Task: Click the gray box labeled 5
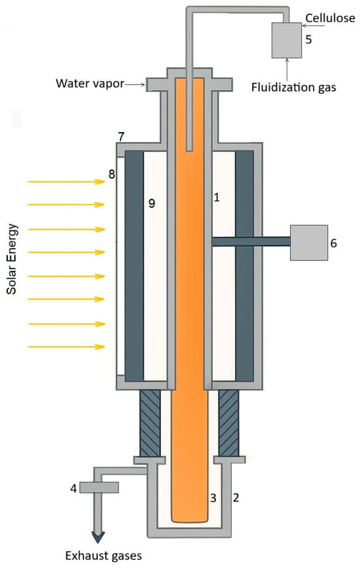287,40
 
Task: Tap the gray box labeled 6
309,243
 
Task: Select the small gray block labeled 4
99,488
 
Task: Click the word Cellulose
330,18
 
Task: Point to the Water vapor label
90,83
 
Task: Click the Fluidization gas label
294,87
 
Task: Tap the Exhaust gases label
103,556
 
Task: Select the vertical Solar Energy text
12,259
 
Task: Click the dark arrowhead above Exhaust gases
98,537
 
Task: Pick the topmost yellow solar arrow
67,181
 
